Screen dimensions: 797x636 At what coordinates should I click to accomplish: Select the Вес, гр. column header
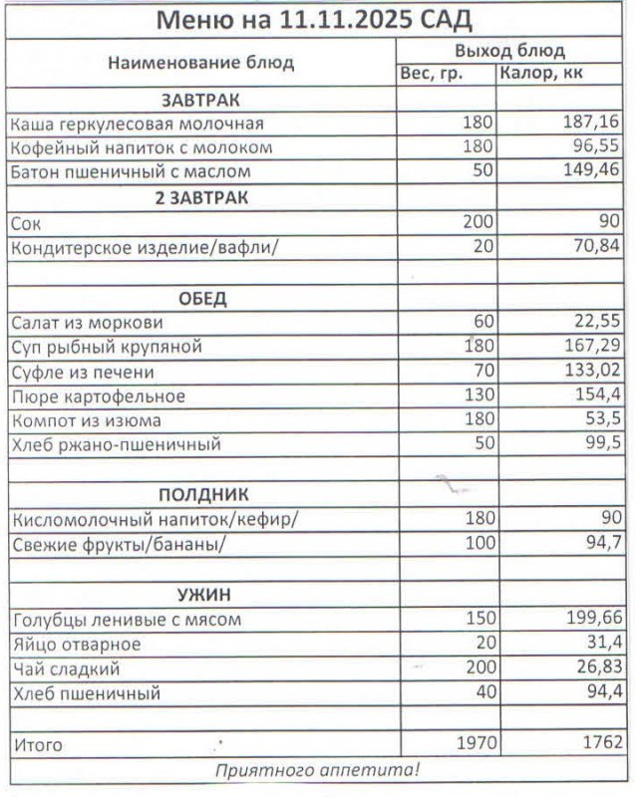click(432, 74)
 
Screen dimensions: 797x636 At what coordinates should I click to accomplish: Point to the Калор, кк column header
click(542, 74)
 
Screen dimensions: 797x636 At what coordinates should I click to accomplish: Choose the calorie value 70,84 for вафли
click(596, 246)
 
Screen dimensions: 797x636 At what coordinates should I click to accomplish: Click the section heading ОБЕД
click(202, 298)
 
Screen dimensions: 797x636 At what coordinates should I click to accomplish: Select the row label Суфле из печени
click(83, 372)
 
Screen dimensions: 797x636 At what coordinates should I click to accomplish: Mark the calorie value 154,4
click(596, 396)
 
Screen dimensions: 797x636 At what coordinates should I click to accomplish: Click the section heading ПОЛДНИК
click(202, 495)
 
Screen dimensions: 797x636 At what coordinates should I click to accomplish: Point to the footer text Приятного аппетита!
click(318, 769)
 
